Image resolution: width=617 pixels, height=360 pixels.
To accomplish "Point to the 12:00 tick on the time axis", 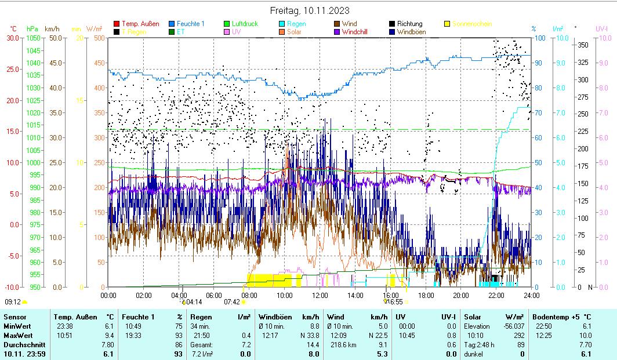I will click(320, 294).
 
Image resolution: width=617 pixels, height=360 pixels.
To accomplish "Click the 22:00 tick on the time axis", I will click(496, 294).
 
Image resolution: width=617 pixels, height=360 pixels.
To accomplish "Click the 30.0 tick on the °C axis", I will click(13, 38).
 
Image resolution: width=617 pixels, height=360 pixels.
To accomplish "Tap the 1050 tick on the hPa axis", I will click(33, 38).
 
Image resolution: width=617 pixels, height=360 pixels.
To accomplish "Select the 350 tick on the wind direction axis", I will click(583, 45).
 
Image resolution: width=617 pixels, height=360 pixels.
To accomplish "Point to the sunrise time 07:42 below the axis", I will click(232, 301).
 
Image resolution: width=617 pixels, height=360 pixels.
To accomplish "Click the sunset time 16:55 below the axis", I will click(395, 301).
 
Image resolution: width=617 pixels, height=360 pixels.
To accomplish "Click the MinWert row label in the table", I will click(17, 326).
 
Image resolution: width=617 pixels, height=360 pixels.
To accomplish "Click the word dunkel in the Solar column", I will click(475, 354).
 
